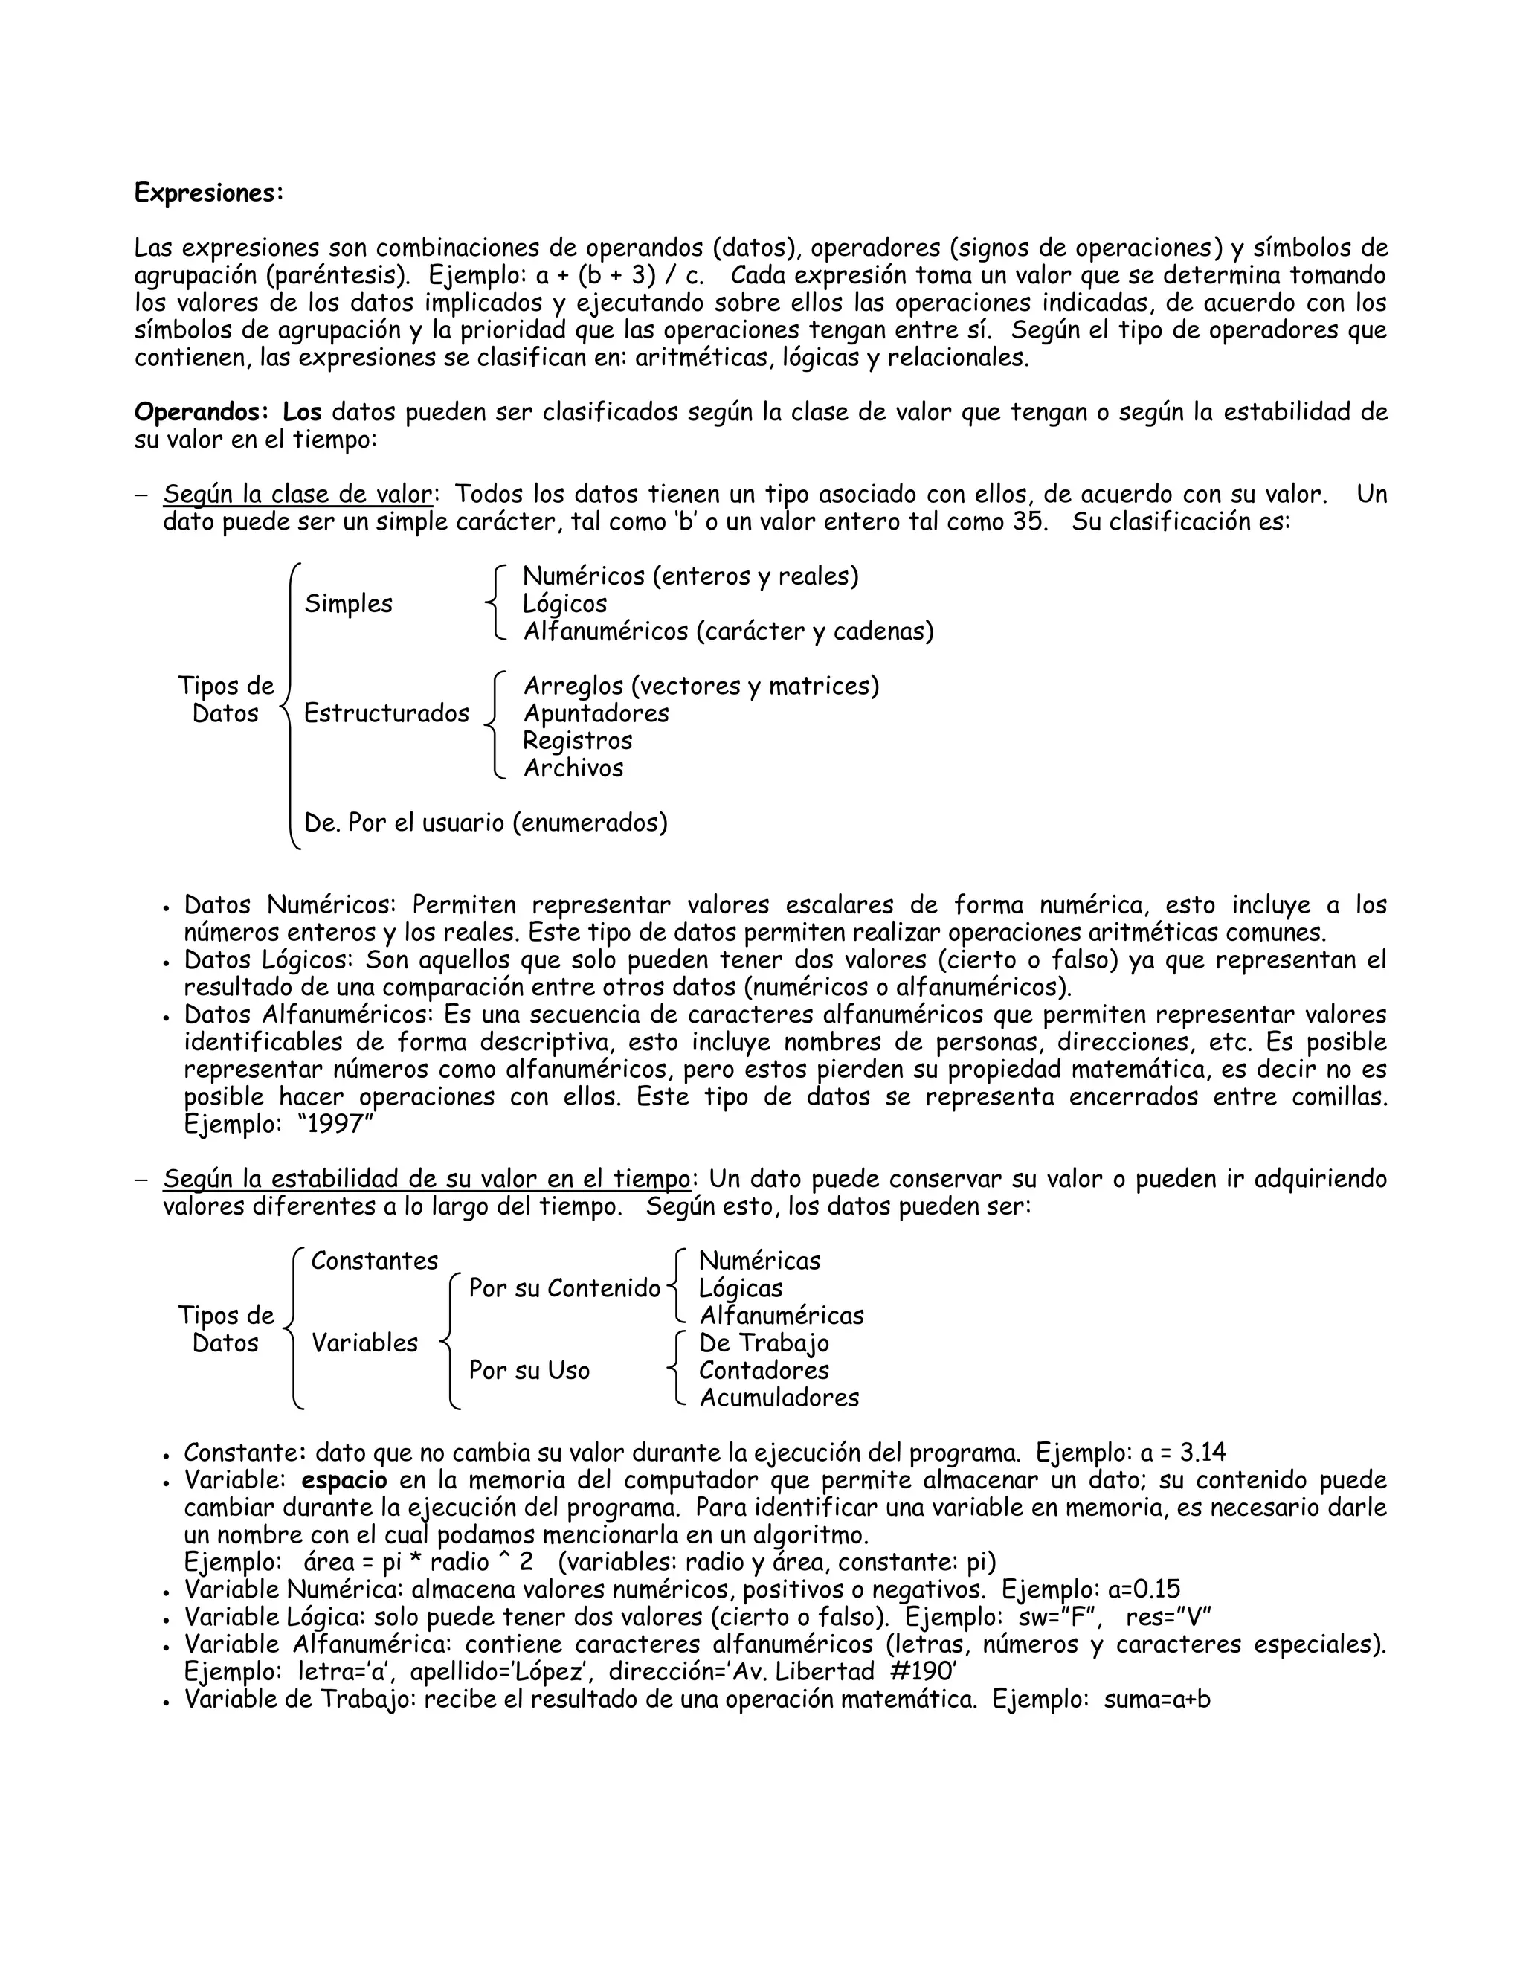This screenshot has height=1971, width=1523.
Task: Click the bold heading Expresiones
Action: tap(208, 193)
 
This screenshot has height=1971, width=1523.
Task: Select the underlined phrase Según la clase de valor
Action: tap(297, 495)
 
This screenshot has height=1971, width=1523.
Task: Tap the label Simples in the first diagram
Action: tap(348, 604)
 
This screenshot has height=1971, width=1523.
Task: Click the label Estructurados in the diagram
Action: tap(386, 713)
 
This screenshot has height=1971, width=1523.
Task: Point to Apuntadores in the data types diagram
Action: tap(596, 713)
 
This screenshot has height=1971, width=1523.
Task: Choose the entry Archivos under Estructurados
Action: tap(574, 768)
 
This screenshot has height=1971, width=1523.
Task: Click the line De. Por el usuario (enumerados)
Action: tap(486, 823)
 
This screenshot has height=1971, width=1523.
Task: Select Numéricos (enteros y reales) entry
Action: tap(690, 576)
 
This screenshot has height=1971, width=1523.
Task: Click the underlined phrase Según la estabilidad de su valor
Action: tap(427, 1179)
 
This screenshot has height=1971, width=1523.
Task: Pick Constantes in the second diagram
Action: tap(375, 1261)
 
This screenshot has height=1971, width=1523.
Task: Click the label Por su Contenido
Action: tap(565, 1289)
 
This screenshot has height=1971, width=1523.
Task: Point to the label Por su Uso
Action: tap(529, 1370)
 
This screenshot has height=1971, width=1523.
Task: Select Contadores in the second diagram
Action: tap(763, 1370)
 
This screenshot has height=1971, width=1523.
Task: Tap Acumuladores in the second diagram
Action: tap(779, 1398)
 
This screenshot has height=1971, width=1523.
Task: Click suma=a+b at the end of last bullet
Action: tap(1158, 1700)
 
